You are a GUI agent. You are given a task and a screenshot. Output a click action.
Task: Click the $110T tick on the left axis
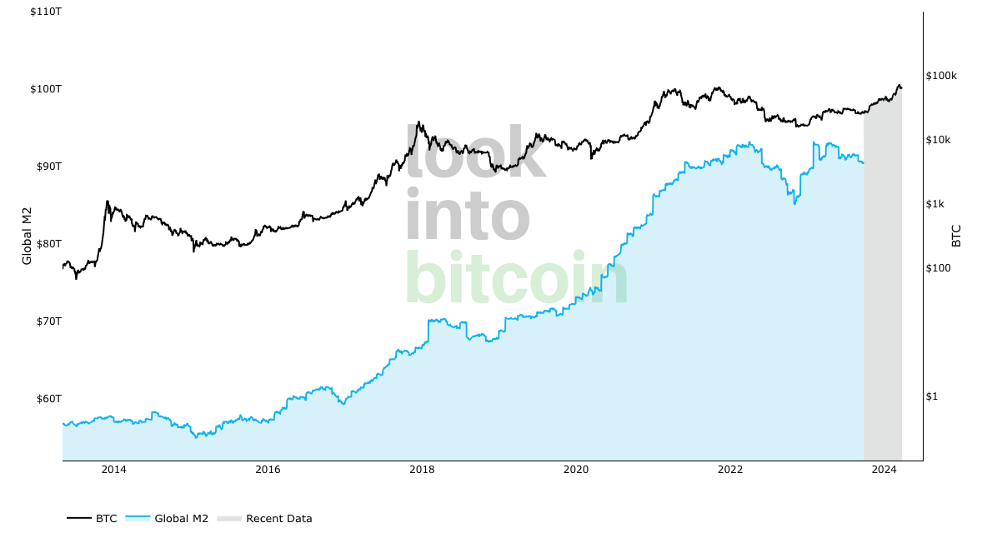tap(45, 12)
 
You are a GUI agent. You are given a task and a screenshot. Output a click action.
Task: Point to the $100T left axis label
tap(45, 89)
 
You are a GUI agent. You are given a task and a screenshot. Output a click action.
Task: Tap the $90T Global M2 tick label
tap(48, 167)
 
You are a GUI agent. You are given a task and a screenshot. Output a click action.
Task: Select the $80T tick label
tap(48, 244)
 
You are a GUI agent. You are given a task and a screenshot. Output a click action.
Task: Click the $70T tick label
tap(48, 321)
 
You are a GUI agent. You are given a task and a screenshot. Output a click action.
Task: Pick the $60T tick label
tap(48, 399)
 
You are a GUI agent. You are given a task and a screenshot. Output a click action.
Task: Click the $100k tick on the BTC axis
tap(941, 76)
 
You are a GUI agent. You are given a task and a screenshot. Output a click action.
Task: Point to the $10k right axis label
tap(939, 140)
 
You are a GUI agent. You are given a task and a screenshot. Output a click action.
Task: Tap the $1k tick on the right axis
tap(935, 204)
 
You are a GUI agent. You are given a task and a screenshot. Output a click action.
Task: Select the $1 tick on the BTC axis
tap(931, 396)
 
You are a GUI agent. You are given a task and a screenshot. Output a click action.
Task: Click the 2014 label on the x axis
tap(113, 470)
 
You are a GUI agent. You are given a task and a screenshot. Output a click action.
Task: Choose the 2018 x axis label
tap(422, 470)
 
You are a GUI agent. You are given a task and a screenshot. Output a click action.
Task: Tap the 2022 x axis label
tap(730, 470)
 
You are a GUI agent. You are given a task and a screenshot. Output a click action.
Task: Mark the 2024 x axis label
tap(884, 470)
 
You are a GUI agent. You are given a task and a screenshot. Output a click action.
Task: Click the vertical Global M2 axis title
tap(27, 236)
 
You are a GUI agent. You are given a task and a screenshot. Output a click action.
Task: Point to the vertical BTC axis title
tap(956, 236)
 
